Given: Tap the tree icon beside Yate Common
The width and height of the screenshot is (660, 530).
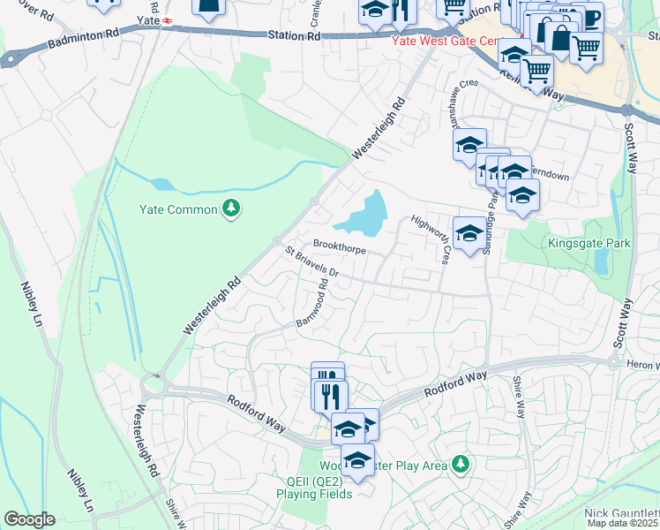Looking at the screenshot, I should [x=231, y=208].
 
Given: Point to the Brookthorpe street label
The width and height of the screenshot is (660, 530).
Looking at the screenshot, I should [x=340, y=248].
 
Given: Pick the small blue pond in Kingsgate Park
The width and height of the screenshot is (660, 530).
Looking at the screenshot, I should [x=601, y=261].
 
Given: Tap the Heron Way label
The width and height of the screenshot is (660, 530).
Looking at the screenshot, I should [x=643, y=365].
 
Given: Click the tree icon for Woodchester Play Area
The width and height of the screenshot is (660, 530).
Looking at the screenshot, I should [x=459, y=464].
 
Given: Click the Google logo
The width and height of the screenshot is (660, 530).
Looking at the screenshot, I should [x=28, y=519].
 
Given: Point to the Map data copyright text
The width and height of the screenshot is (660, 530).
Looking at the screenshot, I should [x=623, y=524].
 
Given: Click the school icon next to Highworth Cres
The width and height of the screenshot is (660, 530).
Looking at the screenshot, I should [x=469, y=233].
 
